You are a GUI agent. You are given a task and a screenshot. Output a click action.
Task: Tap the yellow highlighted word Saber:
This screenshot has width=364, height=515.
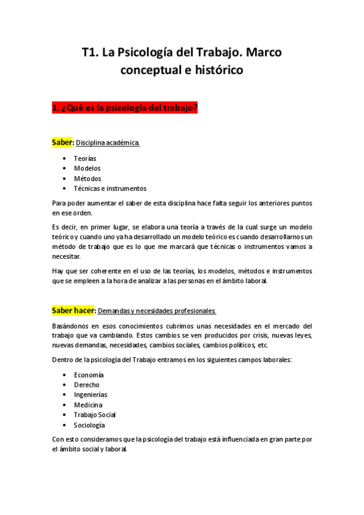tap(63, 142)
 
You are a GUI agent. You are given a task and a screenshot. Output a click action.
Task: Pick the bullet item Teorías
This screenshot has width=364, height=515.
tap(85, 159)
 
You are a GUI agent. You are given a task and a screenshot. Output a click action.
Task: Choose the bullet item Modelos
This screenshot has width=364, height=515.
tap(87, 168)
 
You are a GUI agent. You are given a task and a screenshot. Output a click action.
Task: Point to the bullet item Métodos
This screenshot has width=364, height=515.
tap(88, 179)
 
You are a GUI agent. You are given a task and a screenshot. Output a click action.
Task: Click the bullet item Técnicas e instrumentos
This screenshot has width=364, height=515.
tap(110, 188)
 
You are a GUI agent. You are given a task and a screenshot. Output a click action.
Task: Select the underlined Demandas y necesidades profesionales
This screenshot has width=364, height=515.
tap(156, 311)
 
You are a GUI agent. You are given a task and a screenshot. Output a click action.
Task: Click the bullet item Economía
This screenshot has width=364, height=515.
tap(89, 375)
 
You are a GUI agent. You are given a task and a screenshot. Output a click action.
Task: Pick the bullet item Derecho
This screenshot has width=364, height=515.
tap(86, 385)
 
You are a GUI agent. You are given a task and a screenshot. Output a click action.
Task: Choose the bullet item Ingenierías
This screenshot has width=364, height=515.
tap(91, 395)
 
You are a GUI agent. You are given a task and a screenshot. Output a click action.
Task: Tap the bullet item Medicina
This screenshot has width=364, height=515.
tap(88, 405)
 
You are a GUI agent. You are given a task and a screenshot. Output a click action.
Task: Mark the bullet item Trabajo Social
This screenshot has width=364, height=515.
tap(95, 415)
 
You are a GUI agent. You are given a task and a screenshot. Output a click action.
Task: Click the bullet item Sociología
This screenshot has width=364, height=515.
tap(89, 425)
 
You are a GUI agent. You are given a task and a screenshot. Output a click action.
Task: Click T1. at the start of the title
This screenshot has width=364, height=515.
tap(91, 52)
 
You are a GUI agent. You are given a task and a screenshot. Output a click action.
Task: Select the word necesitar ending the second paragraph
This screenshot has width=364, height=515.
tap(67, 256)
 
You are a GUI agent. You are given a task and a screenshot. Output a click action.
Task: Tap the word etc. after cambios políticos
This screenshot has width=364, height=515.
tap(263, 345)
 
